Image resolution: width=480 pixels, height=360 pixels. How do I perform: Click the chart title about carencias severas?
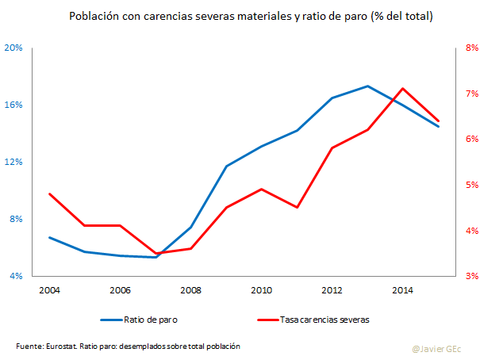point(240,16)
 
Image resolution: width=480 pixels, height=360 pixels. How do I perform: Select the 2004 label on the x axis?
point(49,291)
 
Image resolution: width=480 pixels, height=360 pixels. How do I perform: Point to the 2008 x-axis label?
point(190,291)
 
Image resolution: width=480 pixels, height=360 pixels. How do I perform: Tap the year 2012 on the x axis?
point(332,291)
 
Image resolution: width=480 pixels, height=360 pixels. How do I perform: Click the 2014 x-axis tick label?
point(402,291)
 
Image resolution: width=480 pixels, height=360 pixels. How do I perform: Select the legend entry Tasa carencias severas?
point(324,320)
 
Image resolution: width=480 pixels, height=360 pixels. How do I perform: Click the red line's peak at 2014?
point(402,88)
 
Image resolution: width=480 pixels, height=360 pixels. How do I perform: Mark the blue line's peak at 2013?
point(367,86)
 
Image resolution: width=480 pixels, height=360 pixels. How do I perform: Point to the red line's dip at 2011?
point(297,207)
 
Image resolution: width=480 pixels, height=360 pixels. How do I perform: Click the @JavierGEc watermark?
point(436,347)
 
